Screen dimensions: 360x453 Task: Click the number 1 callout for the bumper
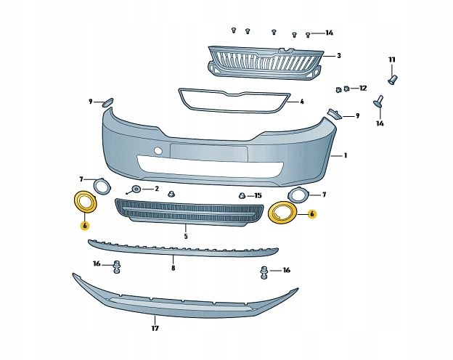coord(346,155)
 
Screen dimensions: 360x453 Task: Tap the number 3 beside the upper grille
coord(338,55)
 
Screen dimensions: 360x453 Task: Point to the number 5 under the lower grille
coord(186,237)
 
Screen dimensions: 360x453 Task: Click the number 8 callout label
coord(173,268)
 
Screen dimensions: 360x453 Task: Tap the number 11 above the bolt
coord(392,59)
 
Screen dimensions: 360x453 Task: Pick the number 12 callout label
coord(364,88)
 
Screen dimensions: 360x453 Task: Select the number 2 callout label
coord(155,188)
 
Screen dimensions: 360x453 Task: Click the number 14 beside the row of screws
coord(329,33)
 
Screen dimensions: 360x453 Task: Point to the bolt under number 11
coord(393,77)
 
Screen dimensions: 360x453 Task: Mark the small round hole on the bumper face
coord(158,151)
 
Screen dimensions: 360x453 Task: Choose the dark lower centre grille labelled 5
coord(189,213)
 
